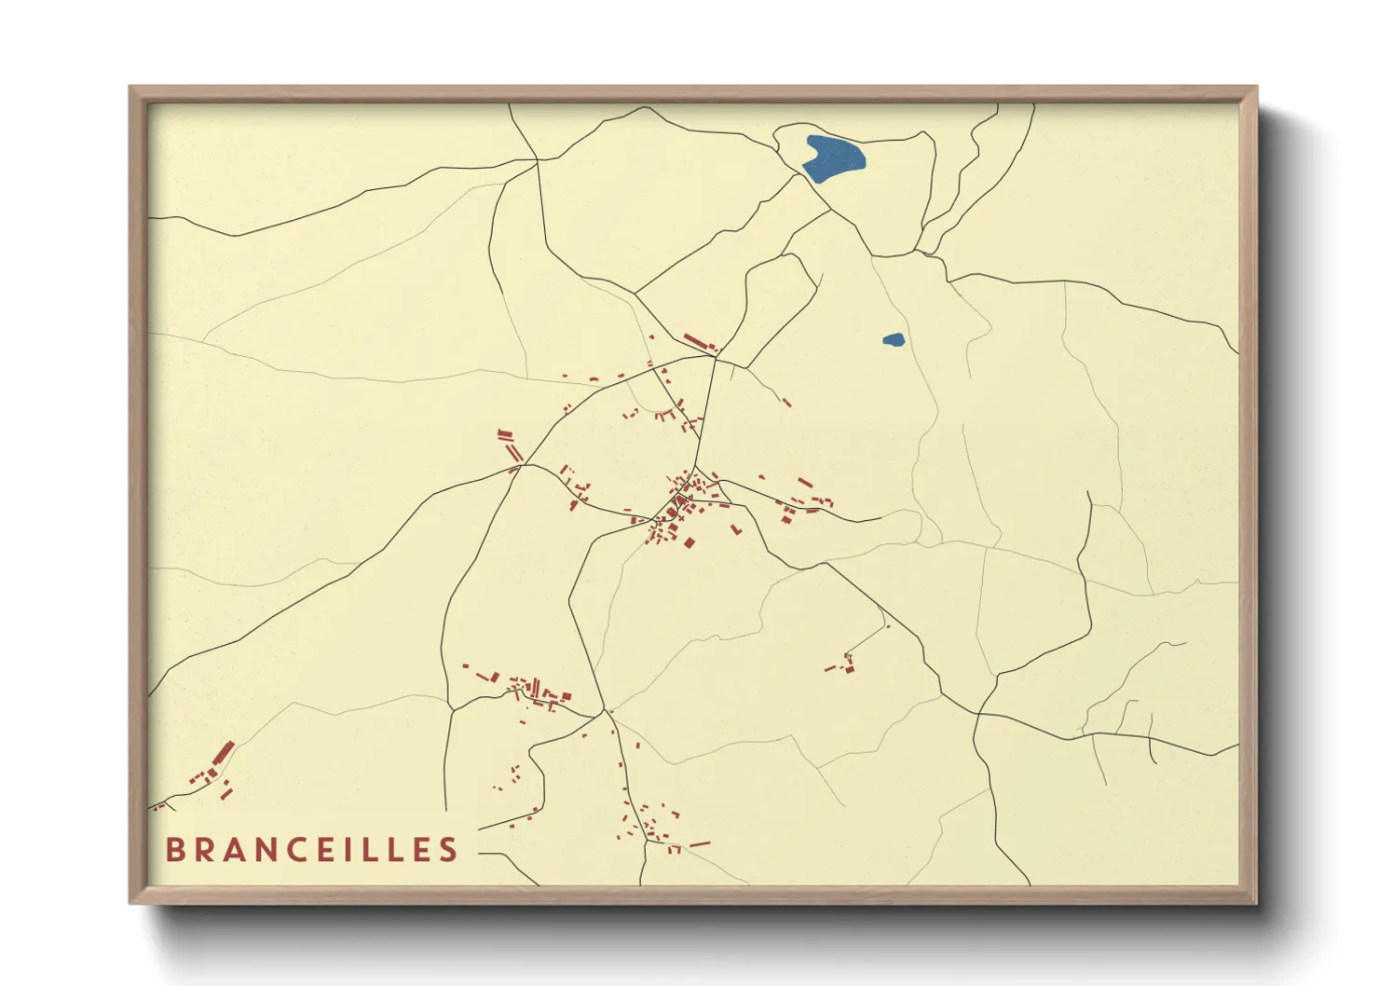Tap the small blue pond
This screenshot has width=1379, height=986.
click(893, 340)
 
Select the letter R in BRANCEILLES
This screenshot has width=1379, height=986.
click(208, 850)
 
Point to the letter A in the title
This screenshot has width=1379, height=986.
click(242, 850)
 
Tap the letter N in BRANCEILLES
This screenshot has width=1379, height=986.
click(279, 850)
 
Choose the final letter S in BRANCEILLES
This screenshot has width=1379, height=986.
click(449, 850)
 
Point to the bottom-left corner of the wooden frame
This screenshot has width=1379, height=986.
click(132, 901)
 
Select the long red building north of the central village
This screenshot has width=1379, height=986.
click(700, 342)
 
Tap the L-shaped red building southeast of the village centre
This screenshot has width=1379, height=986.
click(735, 529)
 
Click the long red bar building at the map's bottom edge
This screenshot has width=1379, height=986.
click(699, 844)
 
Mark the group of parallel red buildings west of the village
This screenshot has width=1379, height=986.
click(509, 445)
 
